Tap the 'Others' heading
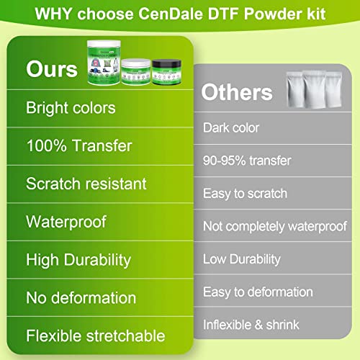[237, 92]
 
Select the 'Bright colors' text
[71, 108]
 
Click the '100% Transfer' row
[79, 145]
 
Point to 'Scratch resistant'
[86, 183]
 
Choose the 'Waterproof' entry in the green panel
[66, 221]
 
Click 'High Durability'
[78, 259]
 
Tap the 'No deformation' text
[81, 297]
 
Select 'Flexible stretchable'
[96, 335]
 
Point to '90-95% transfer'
[248, 161]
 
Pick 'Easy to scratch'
[245, 193]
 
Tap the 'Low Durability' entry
[241, 259]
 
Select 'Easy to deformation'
[257, 292]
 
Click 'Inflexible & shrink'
[253, 325]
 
